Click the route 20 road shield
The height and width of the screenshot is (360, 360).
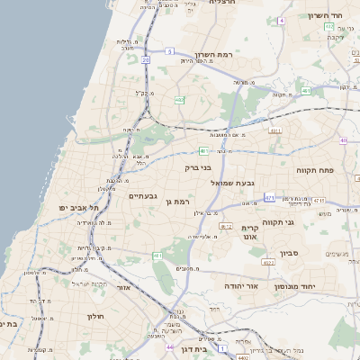tap(146, 60)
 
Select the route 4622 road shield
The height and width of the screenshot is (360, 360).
tap(268, 263)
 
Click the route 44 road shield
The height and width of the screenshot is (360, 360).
tap(169, 345)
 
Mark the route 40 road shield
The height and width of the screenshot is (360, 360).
tap(344, 140)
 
